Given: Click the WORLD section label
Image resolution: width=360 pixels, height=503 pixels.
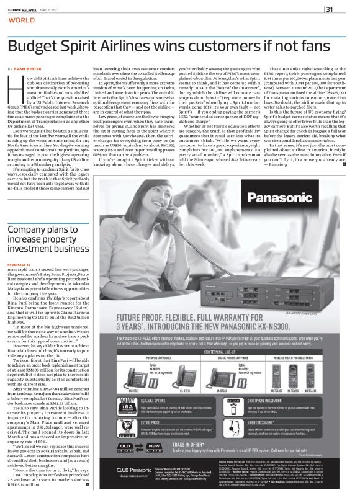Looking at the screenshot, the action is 21,20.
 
